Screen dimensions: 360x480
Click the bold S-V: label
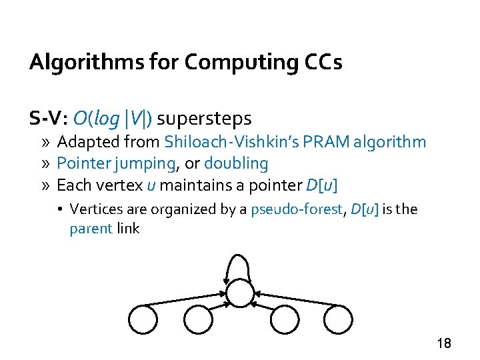pos(49,119)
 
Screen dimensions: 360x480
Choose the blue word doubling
pos(236,163)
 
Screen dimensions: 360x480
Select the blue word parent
pos(91,229)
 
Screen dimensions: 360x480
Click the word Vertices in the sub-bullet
pos(94,209)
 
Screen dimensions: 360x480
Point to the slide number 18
pos(444,343)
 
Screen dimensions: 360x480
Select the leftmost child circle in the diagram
pos(143,319)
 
